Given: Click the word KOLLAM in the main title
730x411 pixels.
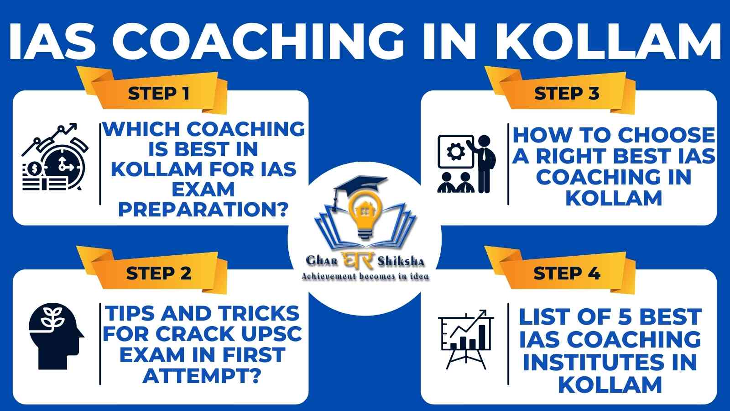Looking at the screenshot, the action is [608, 42].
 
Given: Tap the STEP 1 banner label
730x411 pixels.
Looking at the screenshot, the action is [159, 94].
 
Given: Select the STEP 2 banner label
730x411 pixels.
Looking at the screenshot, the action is [159, 274].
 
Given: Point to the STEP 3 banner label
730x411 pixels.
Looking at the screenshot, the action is [567, 94].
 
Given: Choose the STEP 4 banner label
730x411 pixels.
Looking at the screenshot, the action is [567, 274].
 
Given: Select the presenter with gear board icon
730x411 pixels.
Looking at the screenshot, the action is [467, 164].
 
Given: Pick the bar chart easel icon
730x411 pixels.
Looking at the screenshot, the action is [466, 339].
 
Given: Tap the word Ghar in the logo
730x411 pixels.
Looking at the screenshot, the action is [322, 261].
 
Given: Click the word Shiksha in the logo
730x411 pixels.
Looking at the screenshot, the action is [401, 261].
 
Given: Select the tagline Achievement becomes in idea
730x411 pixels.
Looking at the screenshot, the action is [365, 277].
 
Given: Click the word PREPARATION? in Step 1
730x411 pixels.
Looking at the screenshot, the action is [203, 210].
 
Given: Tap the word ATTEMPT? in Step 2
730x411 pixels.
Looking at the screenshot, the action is [202, 376].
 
